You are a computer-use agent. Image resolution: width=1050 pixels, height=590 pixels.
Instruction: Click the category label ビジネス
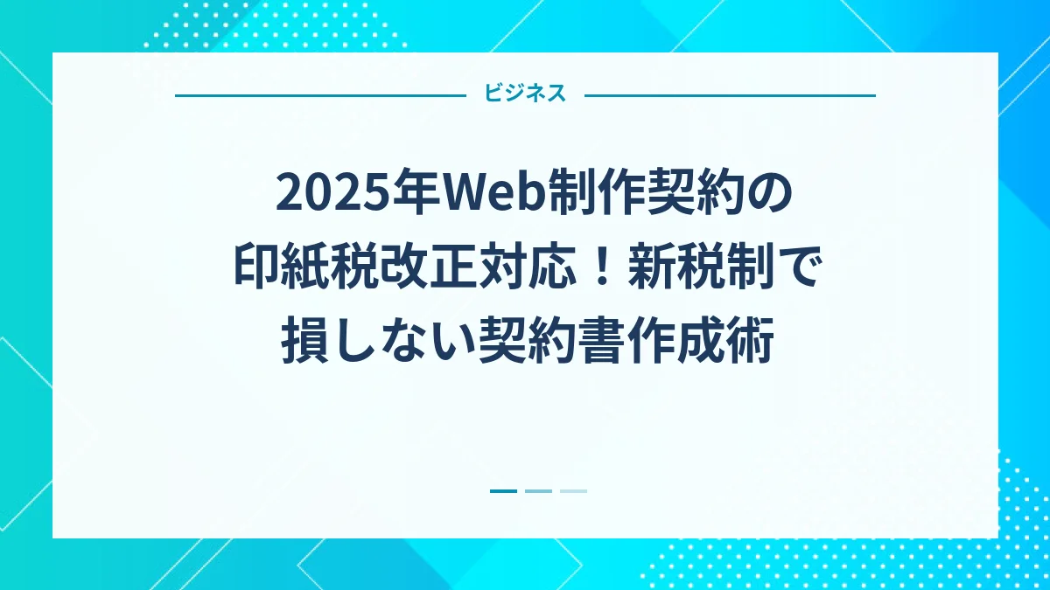click(x=525, y=94)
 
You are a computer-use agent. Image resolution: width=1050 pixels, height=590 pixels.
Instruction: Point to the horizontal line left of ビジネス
click(x=320, y=95)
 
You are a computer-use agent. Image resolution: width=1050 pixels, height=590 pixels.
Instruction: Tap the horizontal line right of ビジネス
click(x=730, y=95)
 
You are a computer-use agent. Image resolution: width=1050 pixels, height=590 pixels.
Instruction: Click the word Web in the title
click(x=486, y=195)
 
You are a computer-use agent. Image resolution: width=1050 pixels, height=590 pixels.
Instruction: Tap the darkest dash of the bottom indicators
click(x=503, y=491)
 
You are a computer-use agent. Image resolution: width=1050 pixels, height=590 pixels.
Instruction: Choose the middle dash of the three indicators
click(x=538, y=491)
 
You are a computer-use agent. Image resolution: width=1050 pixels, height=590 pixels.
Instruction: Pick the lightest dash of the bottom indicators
click(x=573, y=491)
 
